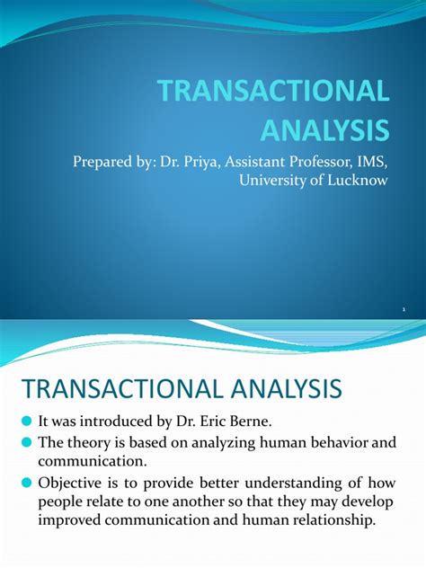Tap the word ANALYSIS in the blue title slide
pyautogui.click(x=325, y=129)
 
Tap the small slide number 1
pyautogui.click(x=404, y=307)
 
